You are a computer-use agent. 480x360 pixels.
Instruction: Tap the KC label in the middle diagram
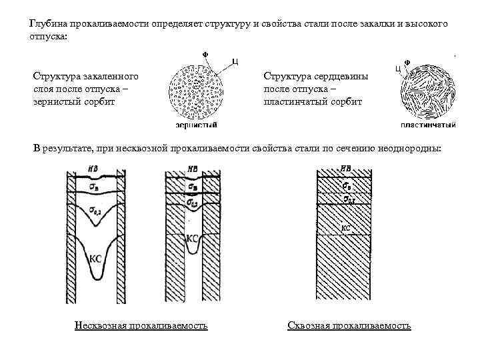click(191, 237)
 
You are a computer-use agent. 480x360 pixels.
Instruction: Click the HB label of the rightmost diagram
click(346, 169)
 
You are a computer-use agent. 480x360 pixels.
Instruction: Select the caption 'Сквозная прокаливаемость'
click(349, 326)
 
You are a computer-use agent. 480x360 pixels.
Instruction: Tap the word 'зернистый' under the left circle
click(195, 125)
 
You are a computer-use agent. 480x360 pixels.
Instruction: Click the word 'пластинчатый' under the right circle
click(428, 125)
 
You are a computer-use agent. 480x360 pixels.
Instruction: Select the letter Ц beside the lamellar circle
click(397, 68)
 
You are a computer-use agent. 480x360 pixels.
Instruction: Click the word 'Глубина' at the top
click(47, 24)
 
